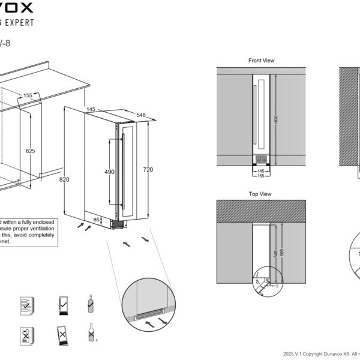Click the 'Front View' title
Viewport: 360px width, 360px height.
coord(261,61)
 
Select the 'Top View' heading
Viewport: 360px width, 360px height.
coord(260,194)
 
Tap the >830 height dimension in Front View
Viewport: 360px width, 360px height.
coord(275,118)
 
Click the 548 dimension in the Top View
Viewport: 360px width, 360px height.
coord(275,254)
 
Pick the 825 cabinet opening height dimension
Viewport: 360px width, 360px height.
coord(30,151)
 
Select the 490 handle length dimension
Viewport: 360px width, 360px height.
coord(110,172)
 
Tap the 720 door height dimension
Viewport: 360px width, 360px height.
coord(148,170)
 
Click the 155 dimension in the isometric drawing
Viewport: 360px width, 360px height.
coord(28,95)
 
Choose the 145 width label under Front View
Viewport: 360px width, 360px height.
coord(260,170)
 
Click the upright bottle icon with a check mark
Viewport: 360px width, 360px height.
coord(88,305)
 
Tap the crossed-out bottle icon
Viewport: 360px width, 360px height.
coord(91,334)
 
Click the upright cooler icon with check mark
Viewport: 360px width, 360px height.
coord(62,304)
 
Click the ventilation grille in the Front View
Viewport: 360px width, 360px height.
coord(260,159)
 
